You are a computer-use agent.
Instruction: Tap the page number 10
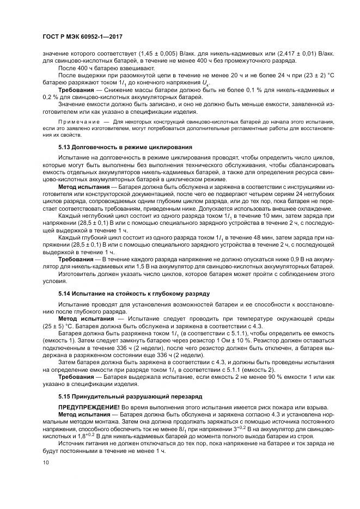tap(45, 463)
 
